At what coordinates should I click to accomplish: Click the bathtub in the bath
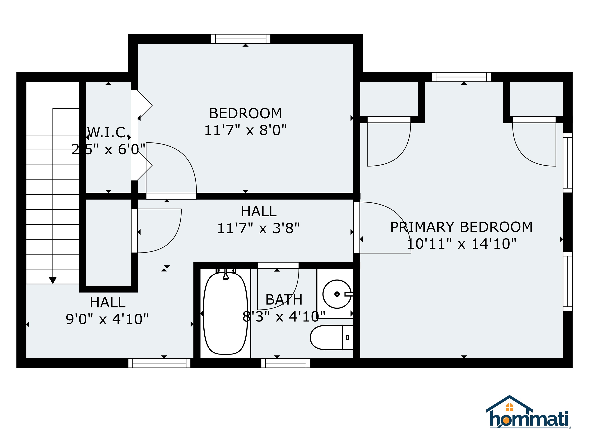pos(225,313)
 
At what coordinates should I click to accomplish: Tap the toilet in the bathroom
pos(332,337)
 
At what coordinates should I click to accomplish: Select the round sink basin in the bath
pos(337,294)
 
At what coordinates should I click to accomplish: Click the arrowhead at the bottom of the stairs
pos(53,280)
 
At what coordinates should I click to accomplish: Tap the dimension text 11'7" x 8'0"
pos(245,131)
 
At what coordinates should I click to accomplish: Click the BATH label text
pos(284,300)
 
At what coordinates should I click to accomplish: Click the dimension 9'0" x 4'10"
pos(107,319)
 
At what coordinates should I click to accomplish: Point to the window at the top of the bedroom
pos(241,39)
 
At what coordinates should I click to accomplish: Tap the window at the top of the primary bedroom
pos(461,77)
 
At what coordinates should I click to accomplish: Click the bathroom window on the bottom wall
pos(286,363)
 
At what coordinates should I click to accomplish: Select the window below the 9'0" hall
pos(159,363)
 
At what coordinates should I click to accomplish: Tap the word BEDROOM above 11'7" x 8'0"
pos(245,114)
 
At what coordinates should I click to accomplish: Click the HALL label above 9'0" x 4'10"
pos(108,302)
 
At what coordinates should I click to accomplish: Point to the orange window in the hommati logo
pos(509,407)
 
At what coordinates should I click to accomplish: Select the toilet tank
pos(347,337)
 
